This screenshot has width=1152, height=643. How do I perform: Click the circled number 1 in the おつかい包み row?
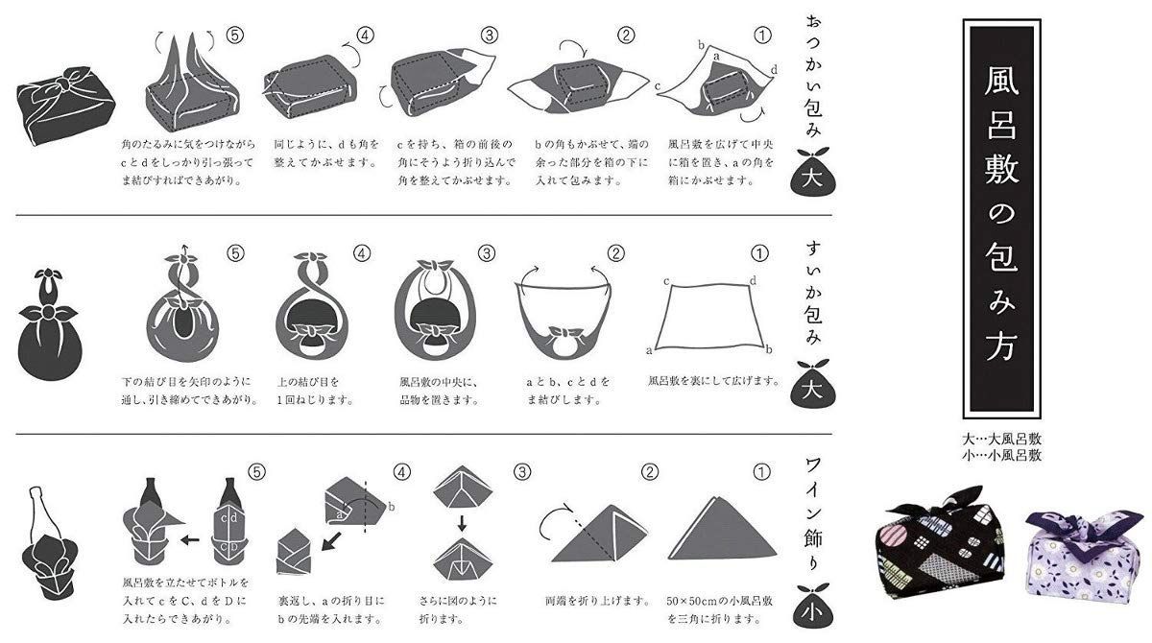763,36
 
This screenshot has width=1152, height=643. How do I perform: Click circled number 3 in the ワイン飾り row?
521,471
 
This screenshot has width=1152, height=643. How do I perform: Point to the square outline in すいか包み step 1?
711,319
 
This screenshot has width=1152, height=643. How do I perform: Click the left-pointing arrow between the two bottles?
191,539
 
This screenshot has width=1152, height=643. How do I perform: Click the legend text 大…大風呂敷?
1001,439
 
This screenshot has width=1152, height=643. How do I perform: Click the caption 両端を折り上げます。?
586,601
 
